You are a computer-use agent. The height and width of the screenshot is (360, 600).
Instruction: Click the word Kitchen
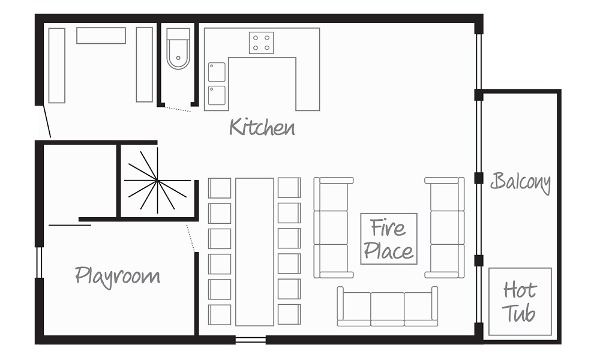[x=262, y=127]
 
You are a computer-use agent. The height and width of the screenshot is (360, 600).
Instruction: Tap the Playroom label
[x=118, y=276]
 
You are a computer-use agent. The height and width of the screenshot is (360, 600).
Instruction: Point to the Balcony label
[x=521, y=182]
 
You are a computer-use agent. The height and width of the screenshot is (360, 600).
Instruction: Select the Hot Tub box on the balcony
[x=520, y=302]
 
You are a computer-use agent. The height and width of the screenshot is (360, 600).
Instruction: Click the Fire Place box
[x=389, y=239]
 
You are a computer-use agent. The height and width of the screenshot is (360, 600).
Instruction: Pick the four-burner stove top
[x=262, y=43]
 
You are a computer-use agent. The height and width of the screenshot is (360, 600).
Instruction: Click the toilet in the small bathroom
[x=178, y=49]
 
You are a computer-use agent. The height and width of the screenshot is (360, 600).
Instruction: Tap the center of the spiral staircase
[x=157, y=180]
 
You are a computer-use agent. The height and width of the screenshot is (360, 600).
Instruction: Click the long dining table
[x=254, y=252]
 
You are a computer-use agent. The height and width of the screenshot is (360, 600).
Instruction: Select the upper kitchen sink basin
[x=217, y=73]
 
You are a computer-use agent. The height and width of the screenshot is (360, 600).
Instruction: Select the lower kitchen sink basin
[x=217, y=95]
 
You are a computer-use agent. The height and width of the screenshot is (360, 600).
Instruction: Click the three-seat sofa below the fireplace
[x=387, y=307]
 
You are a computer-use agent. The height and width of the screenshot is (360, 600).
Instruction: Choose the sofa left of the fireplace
[x=333, y=227]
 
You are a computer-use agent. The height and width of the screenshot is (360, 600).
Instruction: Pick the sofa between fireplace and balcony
[x=444, y=227]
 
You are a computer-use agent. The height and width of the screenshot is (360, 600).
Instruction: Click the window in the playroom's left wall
[x=39, y=262]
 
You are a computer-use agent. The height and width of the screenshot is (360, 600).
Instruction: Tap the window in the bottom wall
[x=251, y=340]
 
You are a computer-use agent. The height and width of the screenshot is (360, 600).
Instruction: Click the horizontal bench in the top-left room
[x=101, y=35]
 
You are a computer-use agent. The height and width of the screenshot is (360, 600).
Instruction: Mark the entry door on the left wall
[x=47, y=121]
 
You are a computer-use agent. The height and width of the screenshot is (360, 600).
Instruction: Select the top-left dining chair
[x=220, y=188]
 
